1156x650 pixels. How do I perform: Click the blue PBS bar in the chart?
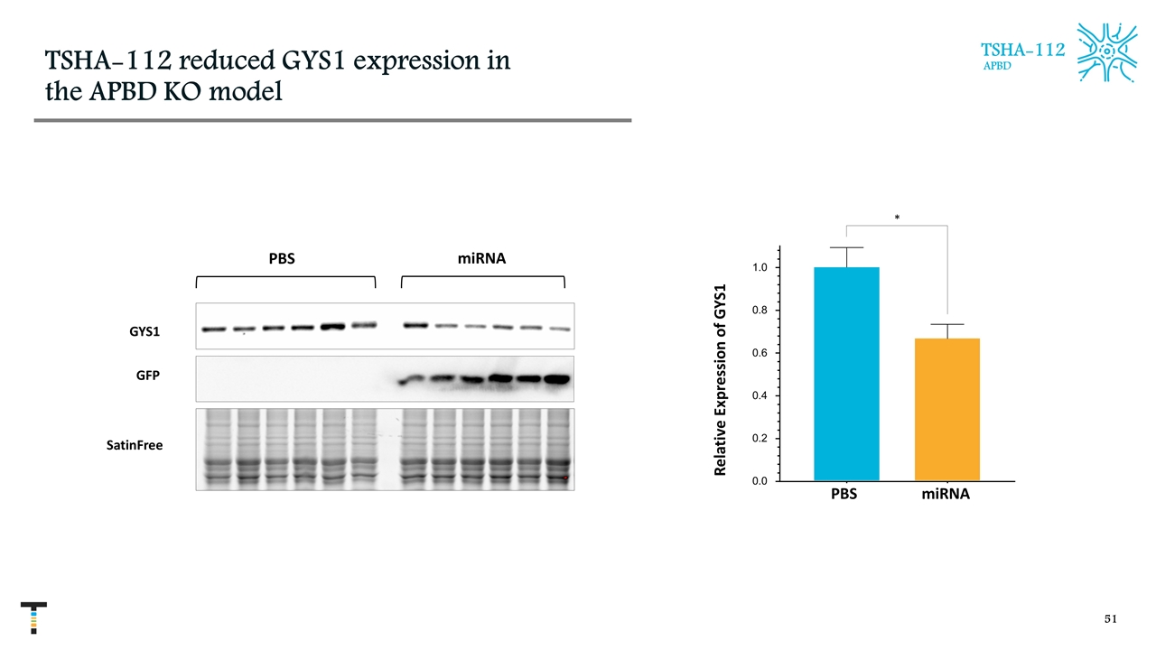tap(846, 374)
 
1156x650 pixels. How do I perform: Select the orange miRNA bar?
tap(946, 409)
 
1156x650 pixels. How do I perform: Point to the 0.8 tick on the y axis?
tap(760, 311)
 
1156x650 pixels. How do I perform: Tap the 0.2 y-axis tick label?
tap(760, 439)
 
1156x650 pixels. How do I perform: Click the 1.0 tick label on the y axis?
tap(760, 268)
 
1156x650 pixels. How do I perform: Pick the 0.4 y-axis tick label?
tap(760, 396)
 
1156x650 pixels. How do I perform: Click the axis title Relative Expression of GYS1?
tap(721, 379)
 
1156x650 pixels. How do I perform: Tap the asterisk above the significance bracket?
tap(896, 218)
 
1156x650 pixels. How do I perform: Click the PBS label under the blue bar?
tap(844, 495)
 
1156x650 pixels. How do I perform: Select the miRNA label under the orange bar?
tap(946, 495)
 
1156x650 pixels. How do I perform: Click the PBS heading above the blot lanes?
tap(282, 258)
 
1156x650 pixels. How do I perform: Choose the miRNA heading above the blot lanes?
tap(481, 258)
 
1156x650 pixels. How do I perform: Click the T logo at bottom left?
tap(33, 617)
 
